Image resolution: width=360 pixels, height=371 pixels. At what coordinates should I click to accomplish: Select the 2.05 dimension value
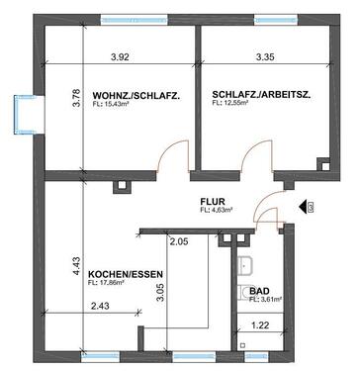click(x=178, y=241)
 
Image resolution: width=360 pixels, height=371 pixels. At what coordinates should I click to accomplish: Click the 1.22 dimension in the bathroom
click(x=260, y=325)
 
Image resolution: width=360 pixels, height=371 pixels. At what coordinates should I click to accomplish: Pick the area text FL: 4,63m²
click(x=217, y=210)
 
